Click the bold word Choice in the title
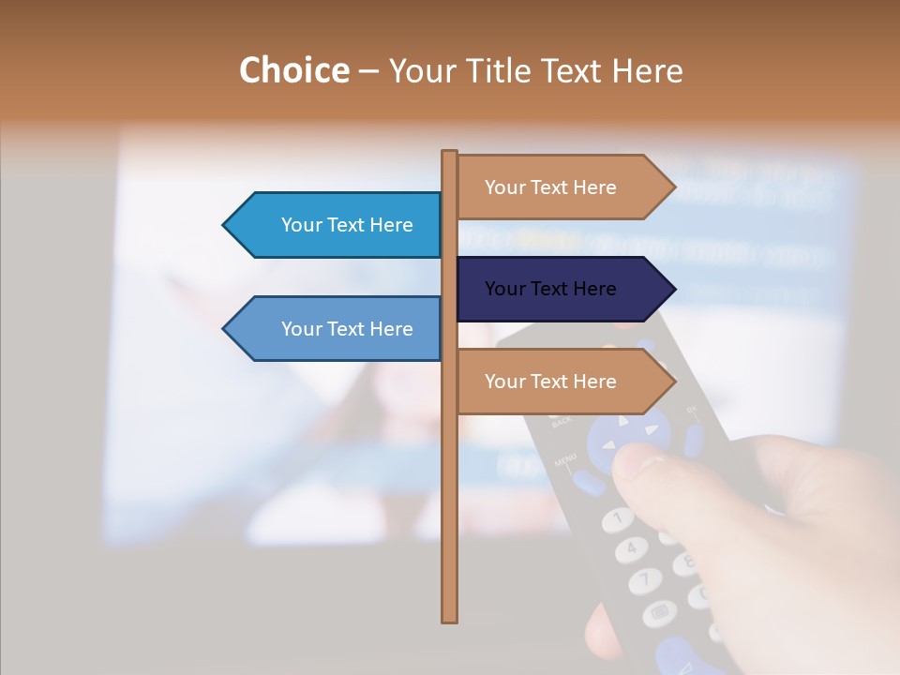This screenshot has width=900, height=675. (x=293, y=70)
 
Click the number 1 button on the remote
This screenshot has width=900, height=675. (x=616, y=517)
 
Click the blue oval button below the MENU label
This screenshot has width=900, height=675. (x=589, y=483)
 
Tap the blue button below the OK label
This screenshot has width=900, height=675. (x=694, y=440)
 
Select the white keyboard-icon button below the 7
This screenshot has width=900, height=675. (x=659, y=614)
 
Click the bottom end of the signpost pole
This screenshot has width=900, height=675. (x=450, y=619)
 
